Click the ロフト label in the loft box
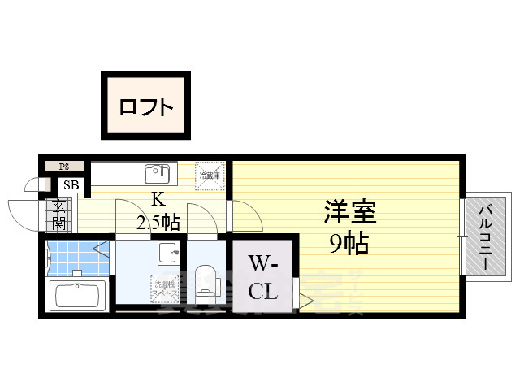pos(145,106)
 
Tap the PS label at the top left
pos(64,167)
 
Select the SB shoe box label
pos(71,185)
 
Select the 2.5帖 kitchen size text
pos(159,222)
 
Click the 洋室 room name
pos(350,214)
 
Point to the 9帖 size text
pos(350,241)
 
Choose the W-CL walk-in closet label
pos(264,277)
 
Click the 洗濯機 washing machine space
pos(164,287)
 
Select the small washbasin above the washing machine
pos(168,253)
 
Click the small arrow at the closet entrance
pos(305,300)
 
